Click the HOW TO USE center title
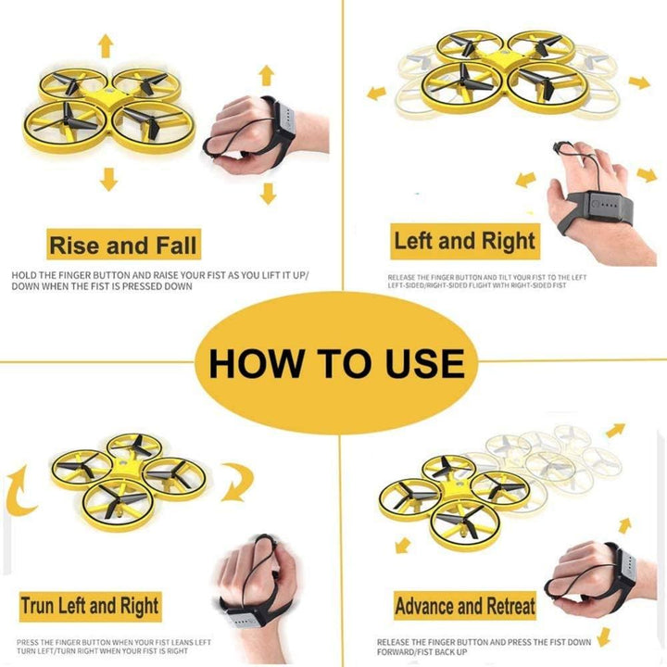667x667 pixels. tap(335, 362)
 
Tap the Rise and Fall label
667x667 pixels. tap(123, 245)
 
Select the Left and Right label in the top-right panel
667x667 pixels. tap(464, 242)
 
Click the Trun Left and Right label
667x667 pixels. tap(90, 607)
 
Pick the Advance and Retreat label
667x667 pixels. tap(465, 607)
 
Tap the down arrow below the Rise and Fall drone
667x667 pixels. tap(110, 179)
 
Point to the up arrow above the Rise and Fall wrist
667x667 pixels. tap(267, 75)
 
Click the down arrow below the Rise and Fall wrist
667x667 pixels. tap(269, 193)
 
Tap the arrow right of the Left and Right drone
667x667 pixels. tap(638, 82)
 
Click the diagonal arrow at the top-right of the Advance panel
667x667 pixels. tap(615, 430)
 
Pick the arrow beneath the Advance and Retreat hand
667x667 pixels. tap(604, 635)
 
